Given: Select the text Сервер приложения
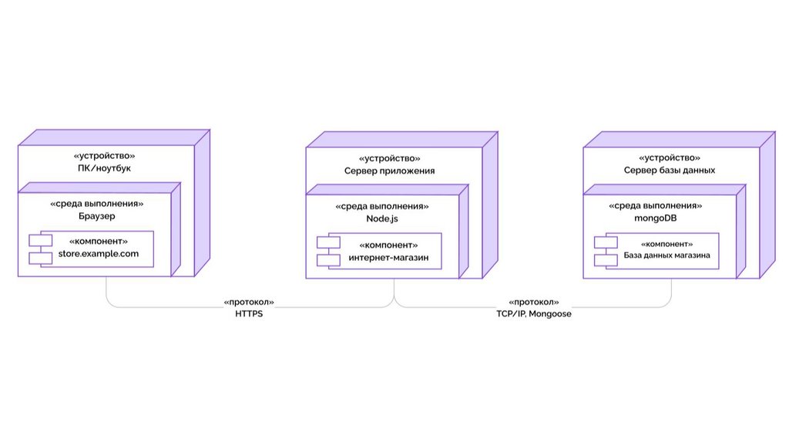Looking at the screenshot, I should point(389,171).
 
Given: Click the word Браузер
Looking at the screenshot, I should point(96,217).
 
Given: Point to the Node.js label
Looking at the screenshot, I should point(382,219).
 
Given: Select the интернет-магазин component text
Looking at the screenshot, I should point(389,256).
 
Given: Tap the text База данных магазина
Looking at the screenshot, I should point(667,255).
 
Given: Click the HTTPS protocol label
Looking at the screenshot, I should point(249,315).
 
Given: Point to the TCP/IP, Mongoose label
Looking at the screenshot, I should point(534,315).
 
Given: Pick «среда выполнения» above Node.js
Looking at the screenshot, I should point(382,207).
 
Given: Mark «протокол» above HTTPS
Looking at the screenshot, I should point(249,302).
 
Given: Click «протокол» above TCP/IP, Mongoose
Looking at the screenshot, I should point(534,302).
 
